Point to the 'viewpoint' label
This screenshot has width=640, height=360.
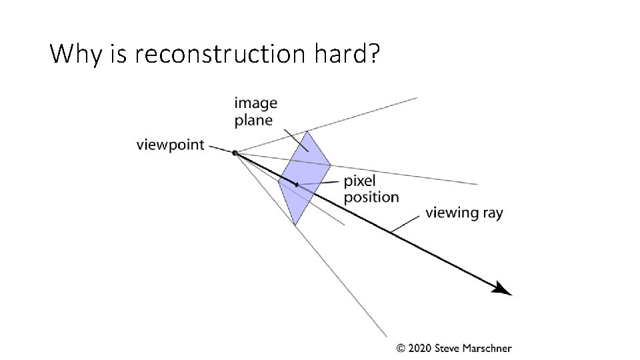click(x=170, y=145)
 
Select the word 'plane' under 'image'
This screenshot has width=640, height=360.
click(x=253, y=121)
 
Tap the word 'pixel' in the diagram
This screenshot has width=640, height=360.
click(x=359, y=181)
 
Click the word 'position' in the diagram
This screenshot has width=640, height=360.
click(x=371, y=197)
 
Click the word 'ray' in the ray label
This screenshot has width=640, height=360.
click(x=492, y=214)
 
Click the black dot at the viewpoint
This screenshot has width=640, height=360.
click(x=235, y=153)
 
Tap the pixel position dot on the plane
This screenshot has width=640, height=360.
click(x=297, y=184)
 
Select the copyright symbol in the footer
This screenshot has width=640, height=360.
click(x=401, y=348)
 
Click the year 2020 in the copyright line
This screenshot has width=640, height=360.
click(x=419, y=348)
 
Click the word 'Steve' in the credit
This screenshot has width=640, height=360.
click(x=448, y=348)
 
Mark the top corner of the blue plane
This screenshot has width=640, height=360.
click(x=307, y=131)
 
